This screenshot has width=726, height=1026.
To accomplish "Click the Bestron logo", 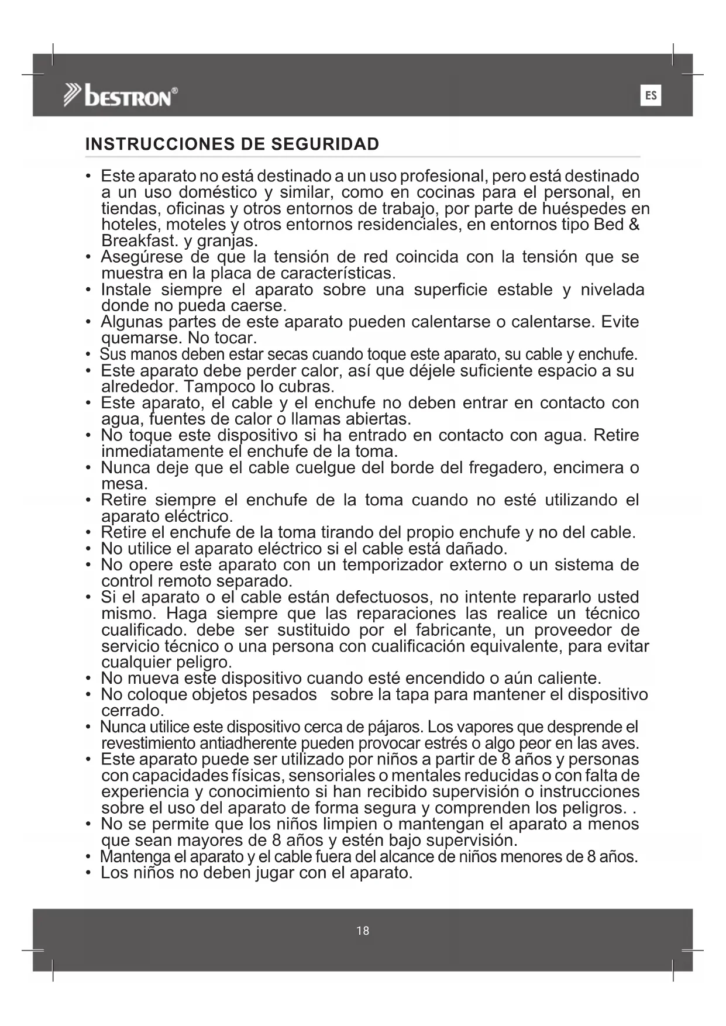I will [121, 96].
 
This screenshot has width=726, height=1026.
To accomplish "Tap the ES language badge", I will [651, 95].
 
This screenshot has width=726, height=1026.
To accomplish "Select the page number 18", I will [363, 931].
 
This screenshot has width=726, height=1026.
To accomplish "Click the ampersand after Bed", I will [634, 225].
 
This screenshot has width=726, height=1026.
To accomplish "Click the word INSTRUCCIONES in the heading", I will [153, 144].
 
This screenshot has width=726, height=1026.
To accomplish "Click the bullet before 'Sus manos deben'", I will [88, 355].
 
